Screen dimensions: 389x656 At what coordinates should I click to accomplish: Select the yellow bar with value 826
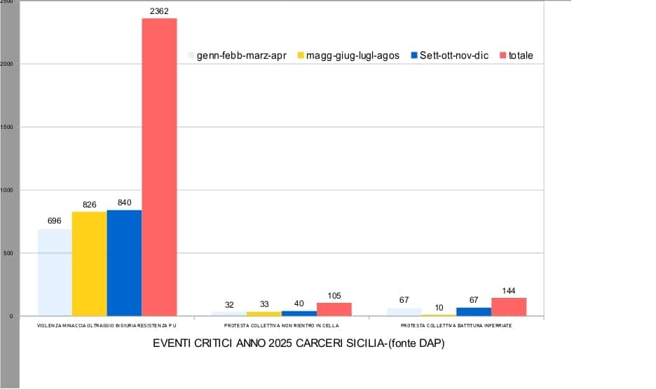[89, 264]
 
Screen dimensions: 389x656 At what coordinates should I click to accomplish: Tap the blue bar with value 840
[124, 263]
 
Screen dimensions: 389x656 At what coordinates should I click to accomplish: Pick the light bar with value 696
[55, 273]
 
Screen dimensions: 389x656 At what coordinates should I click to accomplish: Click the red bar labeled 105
[334, 309]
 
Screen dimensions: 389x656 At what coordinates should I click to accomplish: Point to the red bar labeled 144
[508, 307]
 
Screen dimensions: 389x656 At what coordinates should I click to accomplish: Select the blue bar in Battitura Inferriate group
[474, 311]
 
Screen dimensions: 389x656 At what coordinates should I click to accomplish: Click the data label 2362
[159, 11]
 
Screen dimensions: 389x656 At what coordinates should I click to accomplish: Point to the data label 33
[264, 304]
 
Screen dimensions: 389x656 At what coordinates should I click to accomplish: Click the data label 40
[299, 303]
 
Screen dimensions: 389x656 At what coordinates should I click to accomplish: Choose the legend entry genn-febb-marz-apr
[236, 55]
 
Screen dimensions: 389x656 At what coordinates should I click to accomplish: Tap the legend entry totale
[520, 55]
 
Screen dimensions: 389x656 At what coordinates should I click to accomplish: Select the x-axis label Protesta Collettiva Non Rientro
[282, 326]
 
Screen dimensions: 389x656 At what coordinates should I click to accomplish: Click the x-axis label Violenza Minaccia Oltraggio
[107, 326]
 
